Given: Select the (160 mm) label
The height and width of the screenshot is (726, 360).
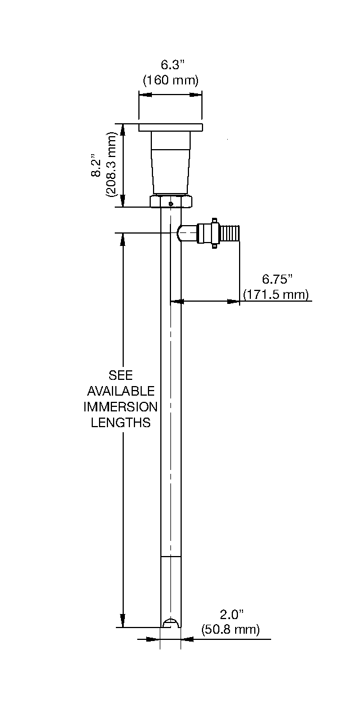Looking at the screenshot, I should [170, 80].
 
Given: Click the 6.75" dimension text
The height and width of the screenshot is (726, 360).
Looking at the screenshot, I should [278, 279].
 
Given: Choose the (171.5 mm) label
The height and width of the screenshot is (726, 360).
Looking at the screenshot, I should [276, 294].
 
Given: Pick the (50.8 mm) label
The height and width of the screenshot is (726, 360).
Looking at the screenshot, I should [230, 629].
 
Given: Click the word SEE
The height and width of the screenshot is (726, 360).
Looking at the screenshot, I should [120, 375].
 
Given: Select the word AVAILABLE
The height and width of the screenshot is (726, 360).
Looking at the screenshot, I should [120, 391].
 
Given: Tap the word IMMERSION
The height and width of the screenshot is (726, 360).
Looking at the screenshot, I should [120, 406].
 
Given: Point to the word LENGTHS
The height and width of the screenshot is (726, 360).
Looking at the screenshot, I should [120, 422].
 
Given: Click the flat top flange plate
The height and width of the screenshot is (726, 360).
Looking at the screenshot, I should [170, 127].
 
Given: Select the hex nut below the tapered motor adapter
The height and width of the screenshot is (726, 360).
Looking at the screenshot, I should [171, 201].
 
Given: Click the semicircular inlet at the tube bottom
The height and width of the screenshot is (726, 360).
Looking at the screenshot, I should [170, 622].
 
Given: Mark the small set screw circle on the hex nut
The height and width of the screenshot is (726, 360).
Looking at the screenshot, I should [171, 204].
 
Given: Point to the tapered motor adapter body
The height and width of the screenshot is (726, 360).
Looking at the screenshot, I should [171, 163].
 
